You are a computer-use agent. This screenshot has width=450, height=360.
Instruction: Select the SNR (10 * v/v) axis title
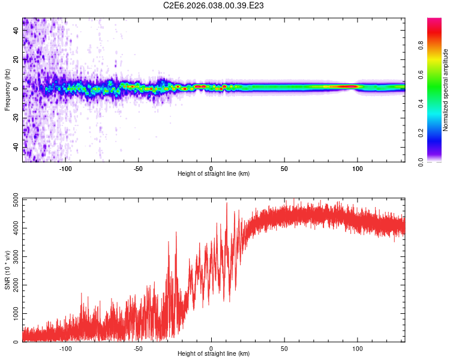point(7,271)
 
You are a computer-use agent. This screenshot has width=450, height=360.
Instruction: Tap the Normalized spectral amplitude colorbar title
point(446,90)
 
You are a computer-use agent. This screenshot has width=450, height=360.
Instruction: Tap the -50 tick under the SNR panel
point(139,347)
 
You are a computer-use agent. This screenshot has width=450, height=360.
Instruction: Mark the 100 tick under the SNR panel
point(358,347)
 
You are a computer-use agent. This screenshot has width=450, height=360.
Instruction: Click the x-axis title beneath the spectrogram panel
point(214,174)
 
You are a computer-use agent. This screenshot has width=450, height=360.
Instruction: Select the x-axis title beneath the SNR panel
point(214,354)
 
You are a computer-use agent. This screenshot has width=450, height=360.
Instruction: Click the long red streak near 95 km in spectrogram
point(344,86)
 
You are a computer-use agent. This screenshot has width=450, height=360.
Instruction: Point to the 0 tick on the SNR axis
point(17,342)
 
